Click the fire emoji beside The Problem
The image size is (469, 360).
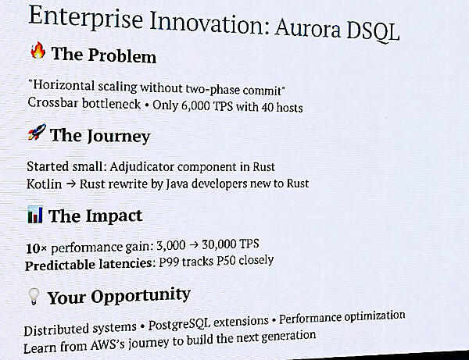pyautogui.click(x=38, y=53)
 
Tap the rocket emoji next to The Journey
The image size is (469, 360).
pyautogui.click(x=36, y=133)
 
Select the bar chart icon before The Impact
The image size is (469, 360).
pyautogui.click(x=34, y=214)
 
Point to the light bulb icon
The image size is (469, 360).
pyautogui.click(x=33, y=296)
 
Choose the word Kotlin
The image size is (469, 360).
pyautogui.click(x=43, y=184)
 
